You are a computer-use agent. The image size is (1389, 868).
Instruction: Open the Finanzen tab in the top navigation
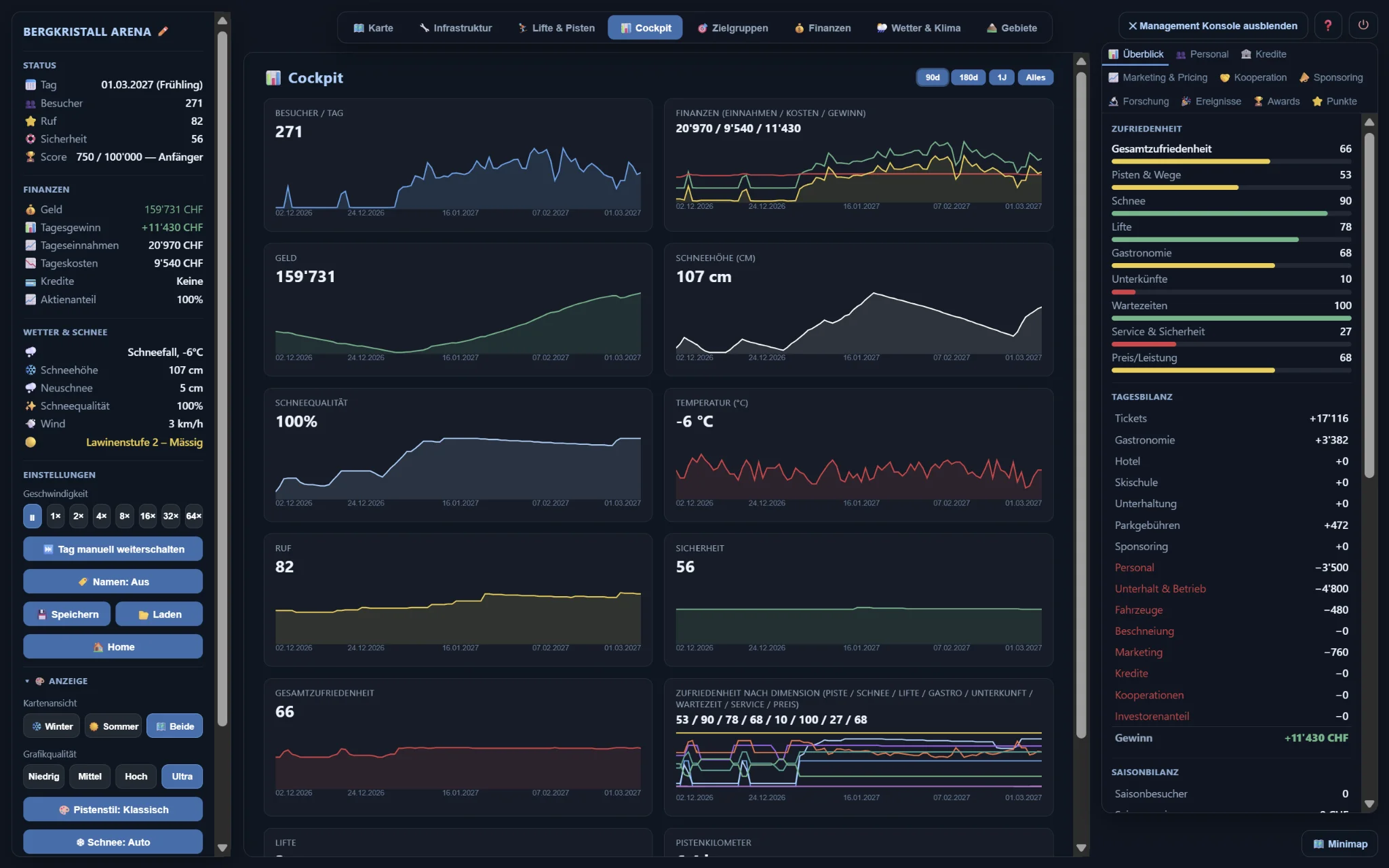click(x=822, y=28)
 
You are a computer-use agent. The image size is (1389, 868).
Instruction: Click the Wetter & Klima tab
click(x=918, y=28)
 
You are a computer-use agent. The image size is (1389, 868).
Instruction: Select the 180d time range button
click(x=968, y=77)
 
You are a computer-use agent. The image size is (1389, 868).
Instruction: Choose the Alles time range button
click(x=1035, y=77)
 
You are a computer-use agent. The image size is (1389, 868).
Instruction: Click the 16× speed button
click(x=147, y=516)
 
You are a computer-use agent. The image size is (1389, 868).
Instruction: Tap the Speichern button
click(x=67, y=614)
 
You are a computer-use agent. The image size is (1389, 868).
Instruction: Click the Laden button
click(x=159, y=614)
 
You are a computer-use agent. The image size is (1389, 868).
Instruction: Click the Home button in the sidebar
click(x=113, y=647)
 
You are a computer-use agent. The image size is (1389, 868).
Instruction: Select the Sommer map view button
click(x=113, y=726)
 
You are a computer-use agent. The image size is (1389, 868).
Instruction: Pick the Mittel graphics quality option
click(x=90, y=776)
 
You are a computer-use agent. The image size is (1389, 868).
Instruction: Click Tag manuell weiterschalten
click(x=113, y=549)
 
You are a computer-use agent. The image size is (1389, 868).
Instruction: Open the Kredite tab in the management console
click(x=1264, y=54)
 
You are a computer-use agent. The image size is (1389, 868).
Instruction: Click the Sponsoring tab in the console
click(x=1331, y=77)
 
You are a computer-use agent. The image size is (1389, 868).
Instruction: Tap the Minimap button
click(x=1339, y=844)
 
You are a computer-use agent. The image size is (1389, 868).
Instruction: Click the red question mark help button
click(x=1328, y=26)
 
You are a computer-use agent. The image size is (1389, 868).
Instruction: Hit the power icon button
click(x=1363, y=26)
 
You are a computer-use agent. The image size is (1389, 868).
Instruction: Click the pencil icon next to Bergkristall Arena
click(x=163, y=31)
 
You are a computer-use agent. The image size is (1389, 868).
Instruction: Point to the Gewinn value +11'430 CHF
click(x=1316, y=738)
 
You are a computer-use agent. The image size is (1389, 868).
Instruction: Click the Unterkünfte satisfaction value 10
click(x=1346, y=279)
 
